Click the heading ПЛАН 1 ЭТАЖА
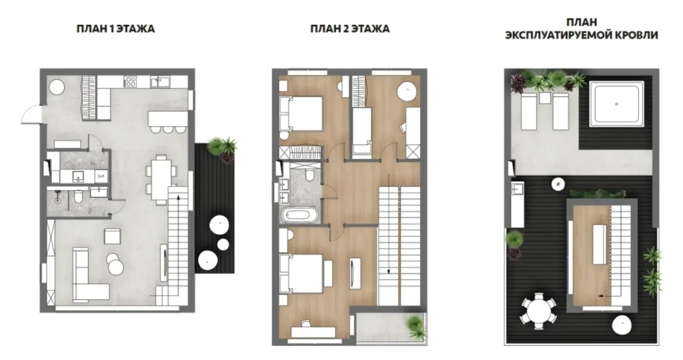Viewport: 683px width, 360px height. (115, 29)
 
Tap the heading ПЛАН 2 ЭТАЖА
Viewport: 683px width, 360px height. (350, 29)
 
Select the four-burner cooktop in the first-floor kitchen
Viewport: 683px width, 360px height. (131, 81)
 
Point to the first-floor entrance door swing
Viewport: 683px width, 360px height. (31, 115)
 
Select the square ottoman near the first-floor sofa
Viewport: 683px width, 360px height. (112, 237)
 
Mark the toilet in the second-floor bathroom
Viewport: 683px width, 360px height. (310, 175)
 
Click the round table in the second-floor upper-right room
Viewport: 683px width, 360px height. (408, 92)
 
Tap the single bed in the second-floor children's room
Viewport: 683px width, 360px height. (361, 131)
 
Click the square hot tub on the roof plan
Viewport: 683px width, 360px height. (616, 104)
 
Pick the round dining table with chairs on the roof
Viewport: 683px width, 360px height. (538, 312)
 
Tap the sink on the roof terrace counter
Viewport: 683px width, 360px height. (518, 189)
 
